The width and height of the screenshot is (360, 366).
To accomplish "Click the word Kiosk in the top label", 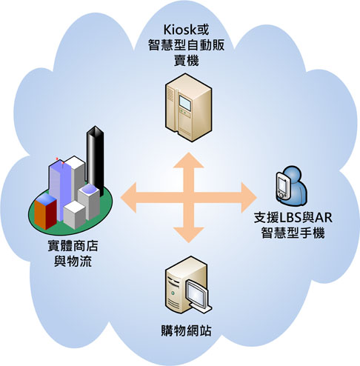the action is pos(180,30).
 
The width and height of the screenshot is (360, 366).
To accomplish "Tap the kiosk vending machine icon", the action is pos(189,107).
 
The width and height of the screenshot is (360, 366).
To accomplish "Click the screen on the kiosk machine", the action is pos(185,102).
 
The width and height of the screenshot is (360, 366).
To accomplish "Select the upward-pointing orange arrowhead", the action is pos(188,160).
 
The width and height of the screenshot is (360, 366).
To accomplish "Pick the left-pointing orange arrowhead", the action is pos(128,198).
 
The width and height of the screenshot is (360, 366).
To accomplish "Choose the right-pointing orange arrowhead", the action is pos(249,198).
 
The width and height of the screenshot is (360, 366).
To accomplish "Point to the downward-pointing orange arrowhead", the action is pos(188,235).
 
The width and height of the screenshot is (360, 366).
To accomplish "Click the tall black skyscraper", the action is pos(95,161).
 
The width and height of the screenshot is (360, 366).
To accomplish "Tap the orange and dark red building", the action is pos(45,211).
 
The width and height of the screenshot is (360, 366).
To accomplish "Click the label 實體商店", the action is pos(73,246).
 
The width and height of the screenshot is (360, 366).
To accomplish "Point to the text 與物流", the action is pos(73,262).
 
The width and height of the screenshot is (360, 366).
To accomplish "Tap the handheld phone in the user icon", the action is pos(283,186).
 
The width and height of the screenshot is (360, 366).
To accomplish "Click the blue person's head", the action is pos(293,174).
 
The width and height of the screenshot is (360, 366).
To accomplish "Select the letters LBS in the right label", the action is pos(291,218).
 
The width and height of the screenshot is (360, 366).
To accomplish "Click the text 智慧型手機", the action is pos(293,233).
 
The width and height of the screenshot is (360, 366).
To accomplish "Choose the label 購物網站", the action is pos(186,330).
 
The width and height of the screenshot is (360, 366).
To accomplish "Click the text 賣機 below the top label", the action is pos(187,61).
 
